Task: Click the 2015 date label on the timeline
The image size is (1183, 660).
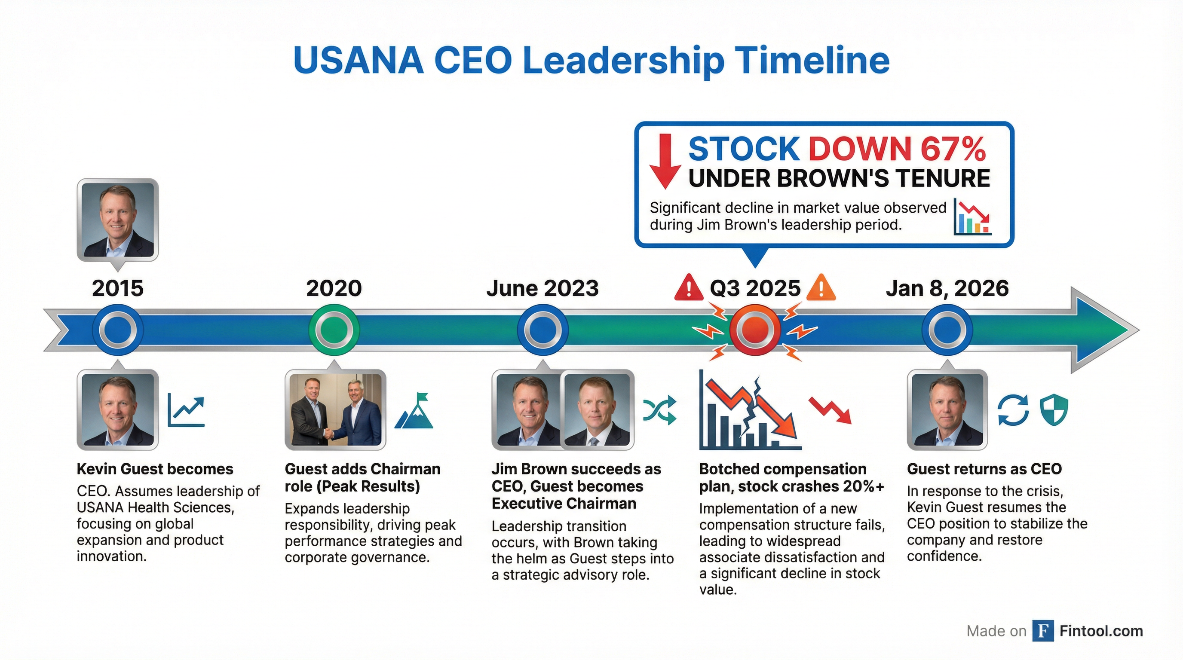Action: pyautogui.click(x=117, y=288)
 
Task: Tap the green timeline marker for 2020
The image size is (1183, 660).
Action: pyautogui.click(x=334, y=330)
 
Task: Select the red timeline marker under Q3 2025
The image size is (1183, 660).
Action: pyautogui.click(x=755, y=330)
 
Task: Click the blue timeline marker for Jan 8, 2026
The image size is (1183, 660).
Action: pyautogui.click(x=947, y=330)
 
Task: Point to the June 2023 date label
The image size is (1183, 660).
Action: pyautogui.click(x=542, y=288)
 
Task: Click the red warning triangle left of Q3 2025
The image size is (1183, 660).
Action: pyautogui.click(x=688, y=288)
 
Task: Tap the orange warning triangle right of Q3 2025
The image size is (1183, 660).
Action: pyautogui.click(x=821, y=288)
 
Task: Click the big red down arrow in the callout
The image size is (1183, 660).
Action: pyautogui.click(x=665, y=161)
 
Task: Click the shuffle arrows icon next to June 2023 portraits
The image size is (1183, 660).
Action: pyautogui.click(x=659, y=409)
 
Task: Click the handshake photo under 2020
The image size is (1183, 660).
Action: pyautogui.click(x=335, y=409)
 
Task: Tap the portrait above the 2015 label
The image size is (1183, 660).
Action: pyautogui.click(x=117, y=220)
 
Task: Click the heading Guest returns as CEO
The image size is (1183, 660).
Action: pyautogui.click(x=984, y=469)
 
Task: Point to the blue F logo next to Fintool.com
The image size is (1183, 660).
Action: pyautogui.click(x=1042, y=631)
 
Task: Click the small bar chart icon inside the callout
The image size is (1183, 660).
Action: pyautogui.click(x=972, y=217)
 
